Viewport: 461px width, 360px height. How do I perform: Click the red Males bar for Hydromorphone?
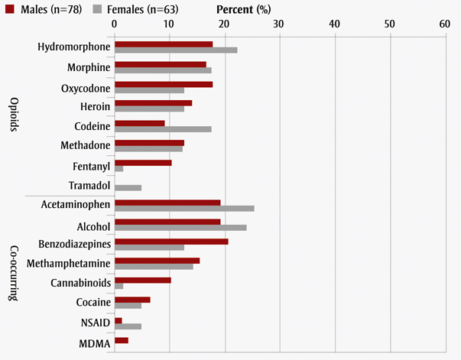pos(164,44)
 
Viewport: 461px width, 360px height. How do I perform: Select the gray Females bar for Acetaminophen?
pos(184,208)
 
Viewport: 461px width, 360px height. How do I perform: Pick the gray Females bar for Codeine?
pos(163,129)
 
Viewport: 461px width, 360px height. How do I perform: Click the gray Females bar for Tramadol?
pos(128,187)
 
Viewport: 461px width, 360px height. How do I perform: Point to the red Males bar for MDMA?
pos(122,340)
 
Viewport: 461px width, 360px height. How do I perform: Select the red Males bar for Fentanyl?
pos(143,162)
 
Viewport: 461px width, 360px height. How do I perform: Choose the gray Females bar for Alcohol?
pos(180,228)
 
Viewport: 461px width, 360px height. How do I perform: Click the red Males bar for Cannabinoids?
pos(143,281)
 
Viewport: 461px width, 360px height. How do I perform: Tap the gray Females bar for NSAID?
pos(128,326)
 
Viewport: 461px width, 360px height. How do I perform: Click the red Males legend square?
pos(9,9)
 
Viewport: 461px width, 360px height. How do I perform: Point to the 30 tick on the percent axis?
pos(279,24)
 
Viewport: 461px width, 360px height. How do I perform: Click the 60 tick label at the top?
pos(445,24)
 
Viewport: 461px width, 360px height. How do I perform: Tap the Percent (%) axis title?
pos(242,9)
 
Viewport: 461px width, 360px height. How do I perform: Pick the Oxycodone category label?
pos(85,87)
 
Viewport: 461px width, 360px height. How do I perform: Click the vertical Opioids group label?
pos(14,115)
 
